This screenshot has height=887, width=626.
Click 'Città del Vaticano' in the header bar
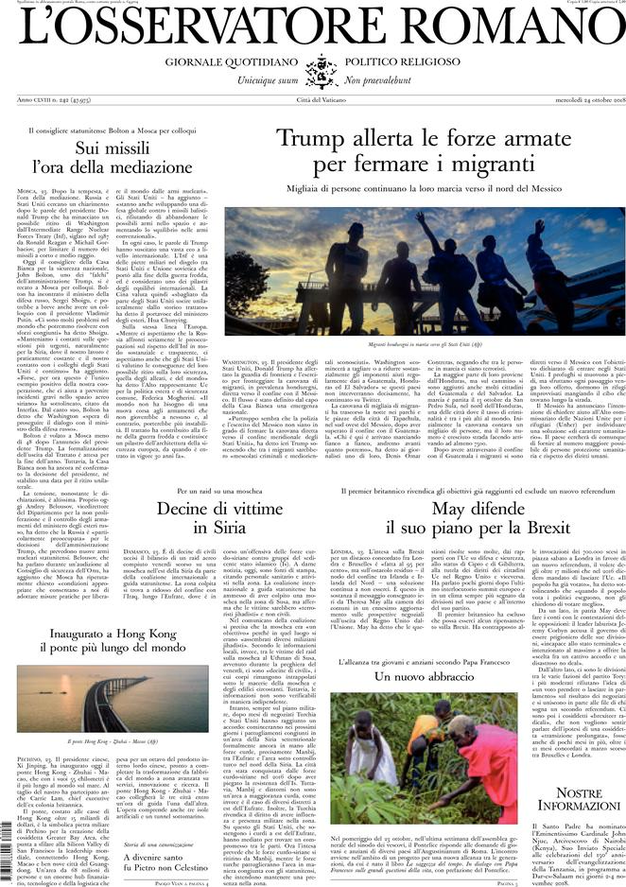coord(313,100)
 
